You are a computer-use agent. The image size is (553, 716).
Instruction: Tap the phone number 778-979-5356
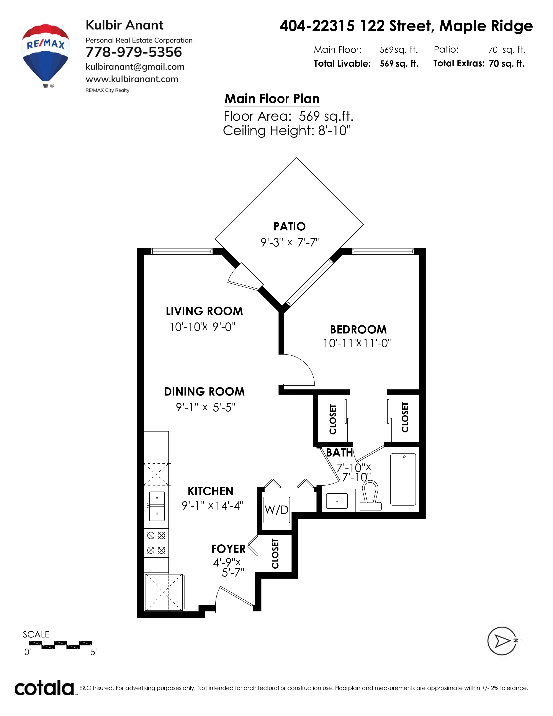pos(134,52)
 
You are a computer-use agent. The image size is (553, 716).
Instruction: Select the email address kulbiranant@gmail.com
pos(135,67)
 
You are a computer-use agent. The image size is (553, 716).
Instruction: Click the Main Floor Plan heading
pos(272,99)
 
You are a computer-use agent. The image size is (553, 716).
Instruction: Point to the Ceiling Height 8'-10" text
pos(287,130)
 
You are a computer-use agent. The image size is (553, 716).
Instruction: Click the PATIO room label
pos(290,226)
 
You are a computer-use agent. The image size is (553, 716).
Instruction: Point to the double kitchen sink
pos(157,506)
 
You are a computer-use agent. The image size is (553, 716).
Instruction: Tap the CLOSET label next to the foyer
pos(275,554)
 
